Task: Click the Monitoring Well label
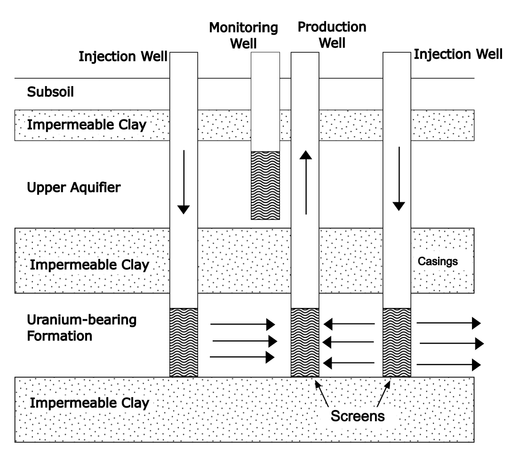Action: tap(243, 35)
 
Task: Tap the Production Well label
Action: tap(332, 35)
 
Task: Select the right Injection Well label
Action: tap(458, 54)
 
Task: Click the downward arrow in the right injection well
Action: tap(399, 179)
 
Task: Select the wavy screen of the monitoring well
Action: tap(265, 185)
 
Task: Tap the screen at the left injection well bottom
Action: tap(184, 342)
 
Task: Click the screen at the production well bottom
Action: tap(305, 342)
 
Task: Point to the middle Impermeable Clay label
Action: tap(89, 265)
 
